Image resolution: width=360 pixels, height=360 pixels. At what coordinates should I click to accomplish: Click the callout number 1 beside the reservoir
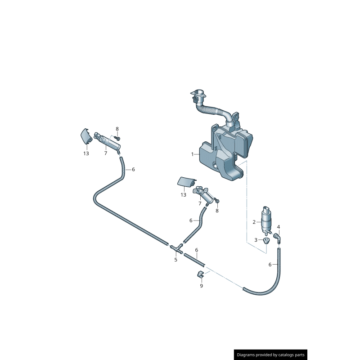tap(193, 154)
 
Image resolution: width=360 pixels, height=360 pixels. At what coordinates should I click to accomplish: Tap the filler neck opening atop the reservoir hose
tap(198, 95)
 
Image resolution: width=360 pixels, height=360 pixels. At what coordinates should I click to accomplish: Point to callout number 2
tap(254, 222)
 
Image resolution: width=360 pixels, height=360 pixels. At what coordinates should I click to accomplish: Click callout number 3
tap(256, 240)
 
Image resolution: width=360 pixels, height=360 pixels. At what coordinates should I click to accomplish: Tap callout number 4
tap(279, 227)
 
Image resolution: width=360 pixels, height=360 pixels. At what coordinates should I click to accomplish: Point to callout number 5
tap(176, 260)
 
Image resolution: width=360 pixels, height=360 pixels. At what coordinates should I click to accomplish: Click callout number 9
tap(201, 286)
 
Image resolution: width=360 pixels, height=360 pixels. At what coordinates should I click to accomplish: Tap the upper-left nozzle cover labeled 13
tap(85, 136)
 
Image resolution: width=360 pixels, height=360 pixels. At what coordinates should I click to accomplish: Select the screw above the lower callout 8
tap(216, 200)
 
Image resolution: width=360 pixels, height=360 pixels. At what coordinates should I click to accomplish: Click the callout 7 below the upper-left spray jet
tap(105, 153)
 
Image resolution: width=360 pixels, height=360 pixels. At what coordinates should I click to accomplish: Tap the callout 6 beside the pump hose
tap(270, 265)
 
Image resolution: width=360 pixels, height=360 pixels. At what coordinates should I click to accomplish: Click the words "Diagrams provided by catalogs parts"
tap(271, 355)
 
